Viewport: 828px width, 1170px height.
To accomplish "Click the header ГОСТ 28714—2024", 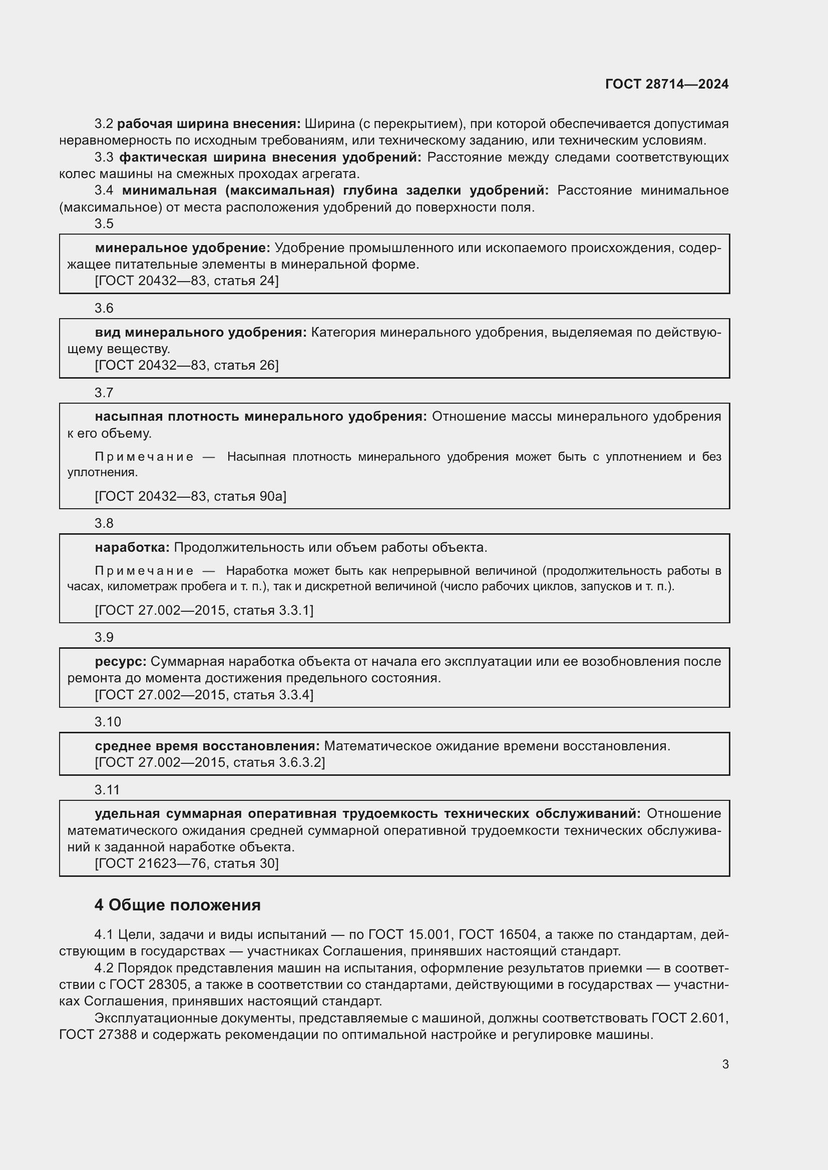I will [666, 84].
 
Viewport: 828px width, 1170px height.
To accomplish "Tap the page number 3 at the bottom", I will [725, 1064].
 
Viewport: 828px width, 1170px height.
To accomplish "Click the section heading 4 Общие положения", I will [177, 904].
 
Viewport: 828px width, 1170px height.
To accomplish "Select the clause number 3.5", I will [104, 224].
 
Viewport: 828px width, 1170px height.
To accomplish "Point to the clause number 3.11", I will [107, 789].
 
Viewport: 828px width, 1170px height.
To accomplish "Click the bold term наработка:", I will [132, 547].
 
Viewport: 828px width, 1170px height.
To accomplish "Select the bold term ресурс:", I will [120, 661].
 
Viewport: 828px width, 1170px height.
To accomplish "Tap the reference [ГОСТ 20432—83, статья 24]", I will [187, 281].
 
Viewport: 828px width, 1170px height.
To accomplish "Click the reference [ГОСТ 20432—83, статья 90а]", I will [190, 496].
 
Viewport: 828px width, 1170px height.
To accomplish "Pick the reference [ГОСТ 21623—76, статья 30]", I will [187, 863].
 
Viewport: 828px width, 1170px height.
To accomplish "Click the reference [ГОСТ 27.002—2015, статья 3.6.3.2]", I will [210, 762].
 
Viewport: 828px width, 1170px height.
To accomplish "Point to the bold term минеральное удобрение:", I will [183, 248].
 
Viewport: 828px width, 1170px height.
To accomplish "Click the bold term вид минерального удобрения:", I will [200, 332].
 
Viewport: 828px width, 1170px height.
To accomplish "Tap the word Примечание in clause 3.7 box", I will [144, 457].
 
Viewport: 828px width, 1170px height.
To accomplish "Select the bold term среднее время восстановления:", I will [207, 746].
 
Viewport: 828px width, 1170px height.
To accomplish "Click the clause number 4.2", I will [104, 968].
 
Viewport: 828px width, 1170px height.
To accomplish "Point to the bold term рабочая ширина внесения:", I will [209, 124].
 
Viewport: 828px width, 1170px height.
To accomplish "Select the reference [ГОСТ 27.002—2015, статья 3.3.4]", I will [204, 695].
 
